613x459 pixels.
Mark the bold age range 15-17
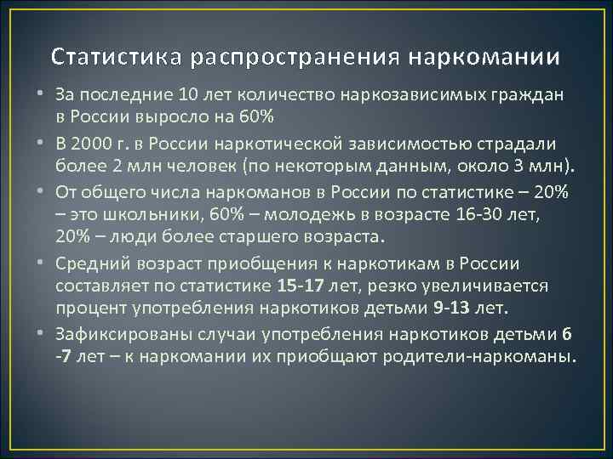pyautogui.click(x=295, y=280)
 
